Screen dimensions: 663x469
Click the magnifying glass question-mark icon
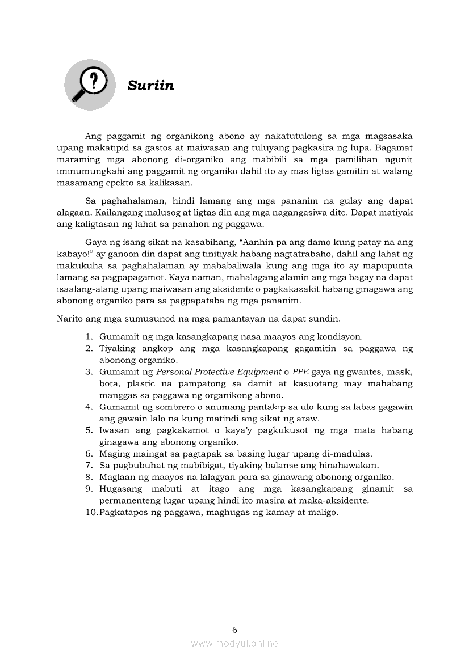[x=89, y=85]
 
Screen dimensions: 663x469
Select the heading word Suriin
[x=150, y=86]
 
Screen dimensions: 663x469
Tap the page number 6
[x=235, y=630]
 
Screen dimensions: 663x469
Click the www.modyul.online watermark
[x=235, y=643]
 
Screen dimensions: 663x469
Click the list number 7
[x=89, y=465]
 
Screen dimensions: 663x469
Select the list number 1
[x=89, y=336]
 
